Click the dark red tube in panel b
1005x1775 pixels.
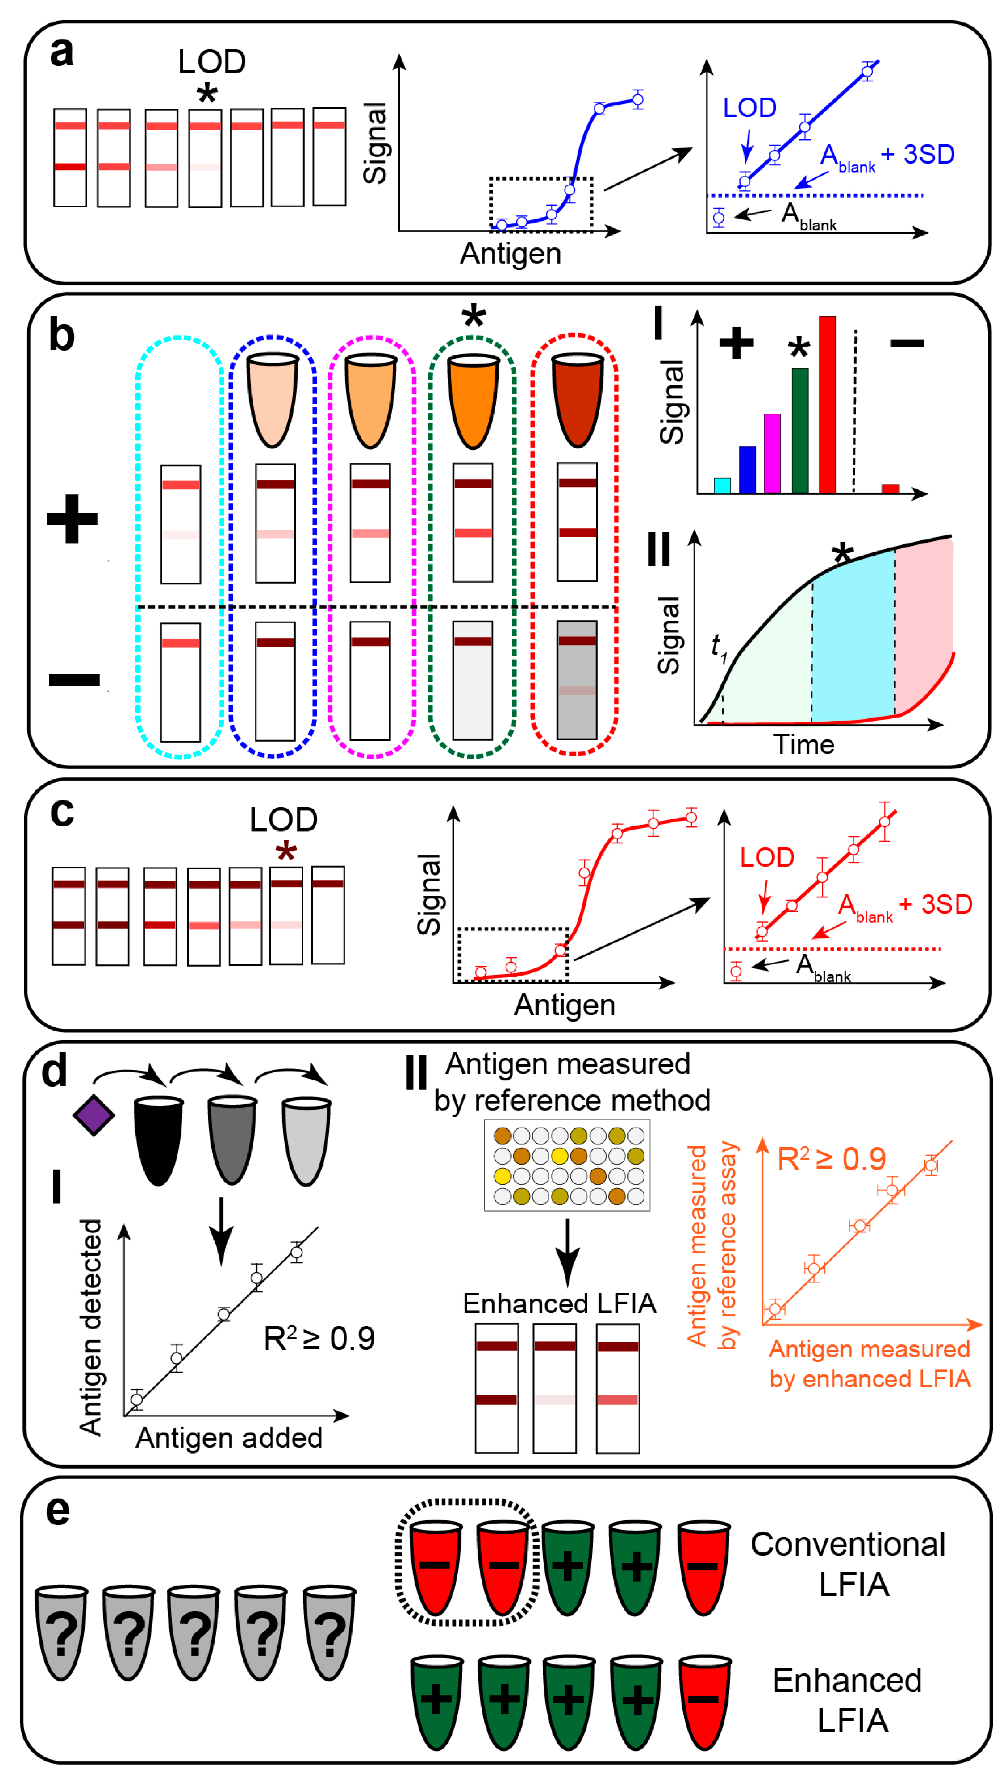point(577,400)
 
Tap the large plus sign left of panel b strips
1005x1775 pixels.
point(72,518)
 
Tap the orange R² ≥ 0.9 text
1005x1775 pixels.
point(831,1159)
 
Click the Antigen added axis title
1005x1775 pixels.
point(228,1438)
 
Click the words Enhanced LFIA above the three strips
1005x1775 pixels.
point(559,1303)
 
